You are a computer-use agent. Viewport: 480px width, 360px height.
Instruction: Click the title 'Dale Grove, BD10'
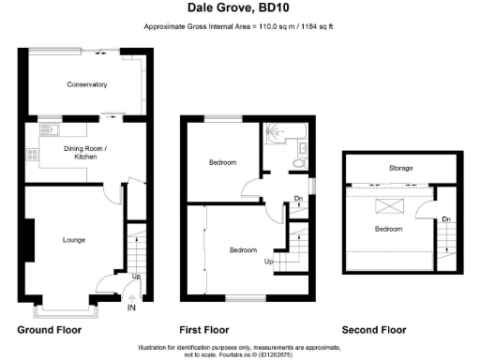239,7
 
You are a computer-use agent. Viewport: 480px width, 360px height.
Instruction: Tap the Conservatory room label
86,85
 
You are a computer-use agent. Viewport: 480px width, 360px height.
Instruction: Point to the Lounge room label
73,240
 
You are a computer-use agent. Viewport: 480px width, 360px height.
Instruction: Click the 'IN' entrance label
131,307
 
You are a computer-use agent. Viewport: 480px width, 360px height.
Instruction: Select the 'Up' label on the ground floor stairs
136,277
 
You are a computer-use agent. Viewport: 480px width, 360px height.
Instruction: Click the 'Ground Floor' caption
50,330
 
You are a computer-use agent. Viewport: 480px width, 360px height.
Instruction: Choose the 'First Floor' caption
203,330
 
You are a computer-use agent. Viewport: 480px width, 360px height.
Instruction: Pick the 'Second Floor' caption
373,330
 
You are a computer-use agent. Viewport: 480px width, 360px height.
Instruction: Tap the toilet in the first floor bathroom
298,162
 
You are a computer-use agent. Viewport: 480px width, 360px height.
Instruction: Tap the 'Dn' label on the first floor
298,198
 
